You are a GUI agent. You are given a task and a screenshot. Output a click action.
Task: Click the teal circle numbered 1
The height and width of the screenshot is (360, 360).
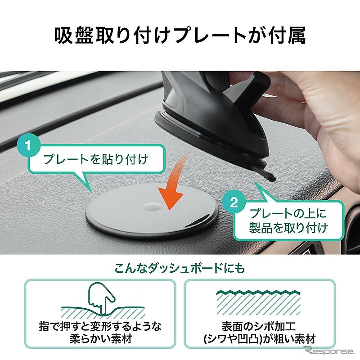[28, 145]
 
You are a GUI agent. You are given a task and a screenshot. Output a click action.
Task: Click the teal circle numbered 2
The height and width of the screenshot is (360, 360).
[234, 203]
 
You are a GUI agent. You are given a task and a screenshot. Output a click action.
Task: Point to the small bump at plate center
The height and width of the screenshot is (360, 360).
[152, 207]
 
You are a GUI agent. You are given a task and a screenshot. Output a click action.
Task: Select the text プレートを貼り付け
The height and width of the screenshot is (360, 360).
[96, 159]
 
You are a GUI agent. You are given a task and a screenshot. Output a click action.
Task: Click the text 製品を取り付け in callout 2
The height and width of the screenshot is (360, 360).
[288, 228]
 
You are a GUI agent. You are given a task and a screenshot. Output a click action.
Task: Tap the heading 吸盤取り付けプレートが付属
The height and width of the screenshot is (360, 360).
[180, 35]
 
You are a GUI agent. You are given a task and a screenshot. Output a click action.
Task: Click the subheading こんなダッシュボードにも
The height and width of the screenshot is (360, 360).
[180, 268]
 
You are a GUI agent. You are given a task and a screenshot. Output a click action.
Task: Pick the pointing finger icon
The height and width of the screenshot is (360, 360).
[102, 298]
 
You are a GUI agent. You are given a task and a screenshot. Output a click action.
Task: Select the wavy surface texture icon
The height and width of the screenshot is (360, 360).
[258, 302]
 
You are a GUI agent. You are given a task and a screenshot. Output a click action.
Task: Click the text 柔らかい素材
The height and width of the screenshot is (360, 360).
[101, 338]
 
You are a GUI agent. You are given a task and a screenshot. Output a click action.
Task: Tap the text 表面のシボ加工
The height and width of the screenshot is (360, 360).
[258, 326]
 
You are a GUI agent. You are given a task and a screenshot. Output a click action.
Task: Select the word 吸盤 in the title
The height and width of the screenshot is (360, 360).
[74, 35]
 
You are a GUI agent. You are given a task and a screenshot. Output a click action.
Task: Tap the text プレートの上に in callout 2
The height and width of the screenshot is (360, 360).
[288, 213]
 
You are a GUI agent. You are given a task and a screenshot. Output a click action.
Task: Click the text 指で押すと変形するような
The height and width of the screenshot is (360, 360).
[100, 326]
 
